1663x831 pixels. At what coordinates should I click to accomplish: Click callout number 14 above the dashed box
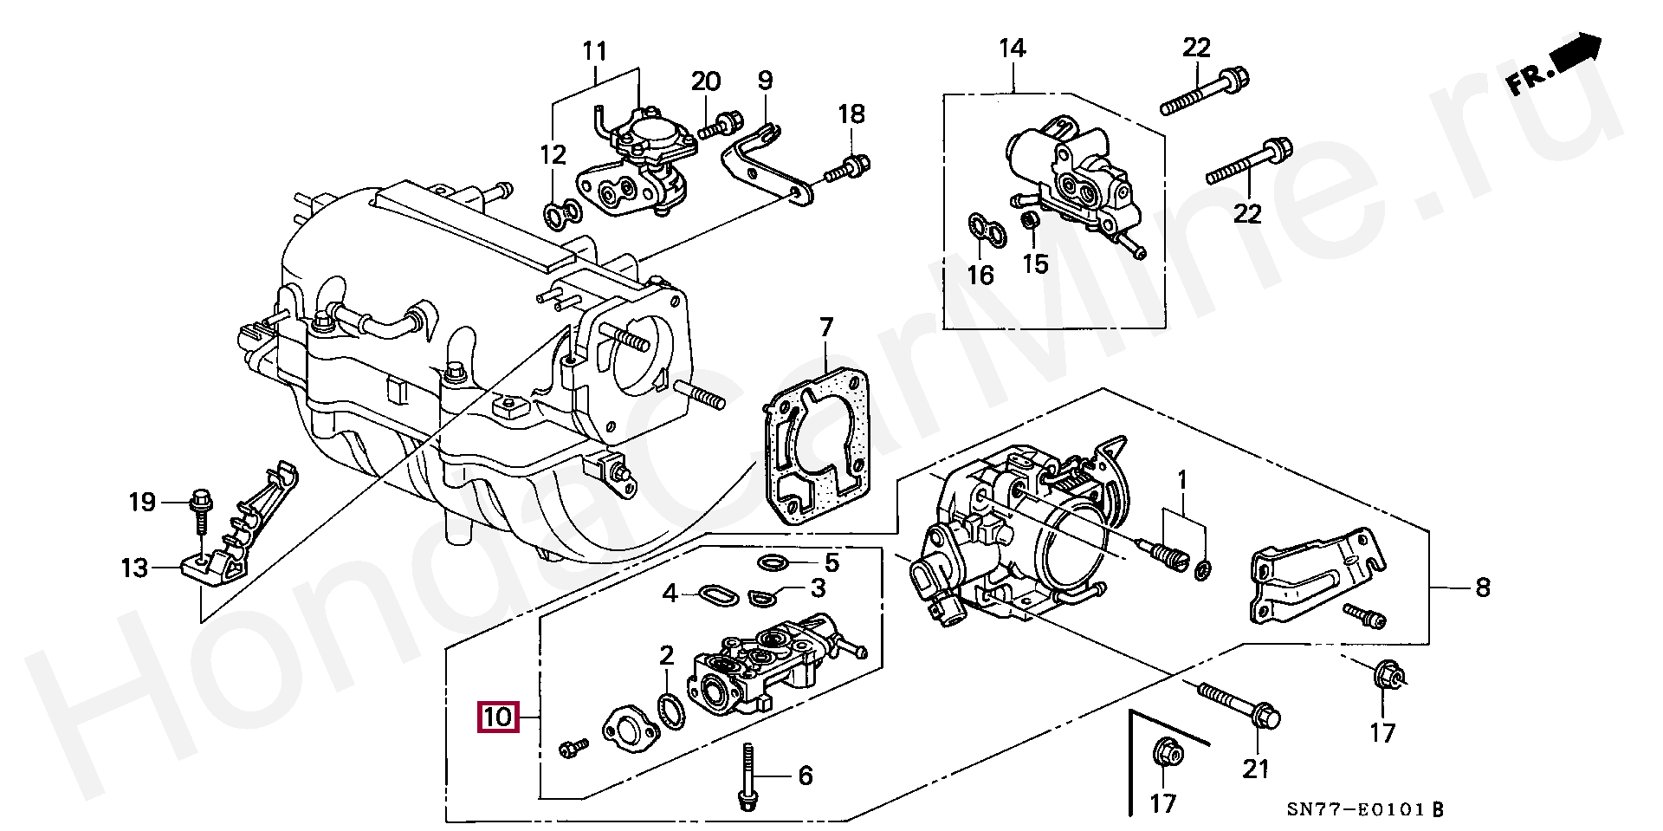pos(1012,48)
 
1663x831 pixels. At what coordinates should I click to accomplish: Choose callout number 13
pos(134,568)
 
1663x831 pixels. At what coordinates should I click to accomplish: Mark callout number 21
pos(1256,768)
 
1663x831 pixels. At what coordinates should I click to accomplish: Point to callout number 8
pos(1483,588)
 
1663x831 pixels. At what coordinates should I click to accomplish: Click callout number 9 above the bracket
pos(765,81)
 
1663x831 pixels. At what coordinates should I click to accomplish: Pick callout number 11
pos(594,51)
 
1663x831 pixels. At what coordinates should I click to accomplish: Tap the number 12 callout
pos(553,155)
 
